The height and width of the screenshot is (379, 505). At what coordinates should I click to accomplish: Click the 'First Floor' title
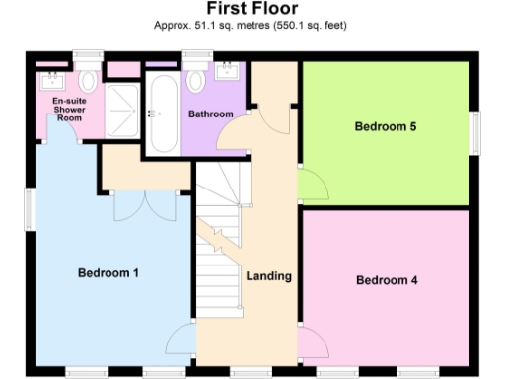(x=252, y=9)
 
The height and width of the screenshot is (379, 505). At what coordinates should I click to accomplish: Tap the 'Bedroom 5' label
(x=385, y=126)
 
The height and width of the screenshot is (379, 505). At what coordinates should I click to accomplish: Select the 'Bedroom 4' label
(x=387, y=280)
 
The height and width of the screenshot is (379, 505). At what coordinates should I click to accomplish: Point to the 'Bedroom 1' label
(x=108, y=272)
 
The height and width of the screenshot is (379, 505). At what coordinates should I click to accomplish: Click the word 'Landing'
(x=268, y=276)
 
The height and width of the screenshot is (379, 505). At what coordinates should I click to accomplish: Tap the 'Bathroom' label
(x=211, y=114)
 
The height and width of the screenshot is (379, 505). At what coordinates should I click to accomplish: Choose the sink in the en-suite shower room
(x=51, y=77)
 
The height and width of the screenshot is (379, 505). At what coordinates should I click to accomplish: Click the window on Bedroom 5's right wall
(x=477, y=128)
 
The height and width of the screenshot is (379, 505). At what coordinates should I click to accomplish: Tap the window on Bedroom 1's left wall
(x=27, y=207)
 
